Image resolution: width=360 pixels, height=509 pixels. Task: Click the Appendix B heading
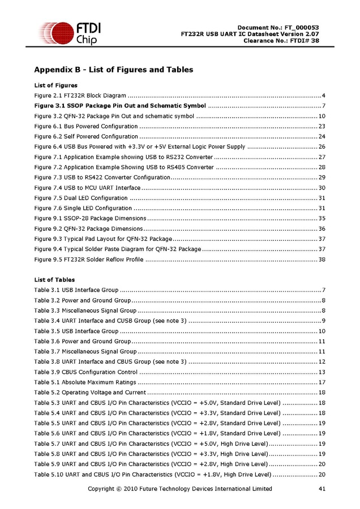(x=114, y=70)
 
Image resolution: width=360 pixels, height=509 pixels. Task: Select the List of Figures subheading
(x=56, y=85)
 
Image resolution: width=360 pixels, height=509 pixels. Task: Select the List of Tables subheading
(x=54, y=280)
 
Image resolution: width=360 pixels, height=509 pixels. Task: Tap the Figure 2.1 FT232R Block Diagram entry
(x=80, y=96)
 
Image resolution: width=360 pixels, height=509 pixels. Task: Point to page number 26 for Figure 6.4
(x=322, y=146)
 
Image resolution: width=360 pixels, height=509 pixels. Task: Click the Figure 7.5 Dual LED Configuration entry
(x=81, y=198)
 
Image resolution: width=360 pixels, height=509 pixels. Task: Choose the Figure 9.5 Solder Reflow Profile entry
(x=89, y=260)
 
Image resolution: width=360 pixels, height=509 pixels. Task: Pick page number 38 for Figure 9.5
(x=322, y=260)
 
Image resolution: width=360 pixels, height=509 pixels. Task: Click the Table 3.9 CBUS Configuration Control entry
(x=86, y=372)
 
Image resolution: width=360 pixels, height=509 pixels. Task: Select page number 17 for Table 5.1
(x=322, y=382)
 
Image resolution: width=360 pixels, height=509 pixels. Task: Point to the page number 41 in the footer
(x=322, y=489)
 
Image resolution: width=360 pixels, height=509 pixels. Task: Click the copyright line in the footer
(x=179, y=489)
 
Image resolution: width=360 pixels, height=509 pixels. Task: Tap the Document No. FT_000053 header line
(x=278, y=28)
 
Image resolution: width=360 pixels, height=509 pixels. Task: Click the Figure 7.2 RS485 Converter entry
(x=124, y=167)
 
